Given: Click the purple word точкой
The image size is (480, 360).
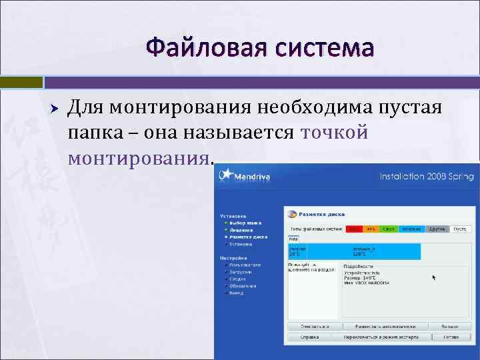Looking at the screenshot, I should pos(335,132).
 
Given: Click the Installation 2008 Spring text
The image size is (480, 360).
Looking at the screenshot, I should pos(427,177).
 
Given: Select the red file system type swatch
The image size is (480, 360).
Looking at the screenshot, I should pos(354,229).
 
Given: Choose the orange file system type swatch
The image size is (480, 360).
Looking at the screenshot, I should pos(371,229).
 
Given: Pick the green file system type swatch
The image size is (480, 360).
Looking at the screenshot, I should pos(389,229).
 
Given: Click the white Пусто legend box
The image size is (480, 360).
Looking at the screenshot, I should pos(459,229).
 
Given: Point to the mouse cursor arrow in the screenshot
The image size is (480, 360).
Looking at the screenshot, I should pos(434,277).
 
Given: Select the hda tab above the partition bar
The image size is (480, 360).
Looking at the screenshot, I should pos(294,239).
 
